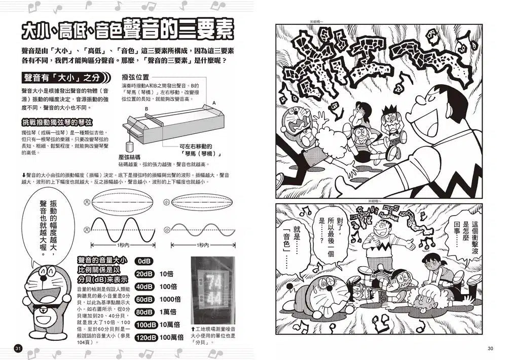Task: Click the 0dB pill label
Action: coord(144,261)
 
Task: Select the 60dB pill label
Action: coord(144,299)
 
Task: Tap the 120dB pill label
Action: coord(144,337)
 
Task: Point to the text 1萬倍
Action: coord(168,312)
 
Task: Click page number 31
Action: coord(19,348)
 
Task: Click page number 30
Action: coord(490,348)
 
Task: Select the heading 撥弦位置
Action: coord(135,77)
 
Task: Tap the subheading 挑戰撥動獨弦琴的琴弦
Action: coord(57,122)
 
